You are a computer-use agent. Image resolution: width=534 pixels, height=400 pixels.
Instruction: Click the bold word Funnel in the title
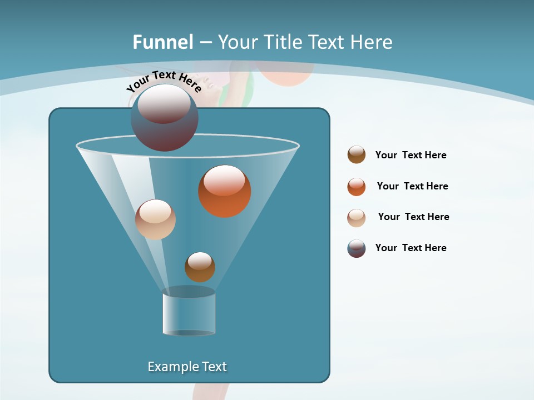pos(163,42)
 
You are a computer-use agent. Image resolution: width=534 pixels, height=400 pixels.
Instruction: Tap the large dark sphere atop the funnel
pos(165,118)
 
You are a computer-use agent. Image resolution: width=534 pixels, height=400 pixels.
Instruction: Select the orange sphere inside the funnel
pos(225,192)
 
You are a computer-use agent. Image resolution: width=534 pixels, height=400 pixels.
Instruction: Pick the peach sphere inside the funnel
pos(155,219)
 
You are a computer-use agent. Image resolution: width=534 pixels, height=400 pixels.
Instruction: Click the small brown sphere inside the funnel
pos(200,267)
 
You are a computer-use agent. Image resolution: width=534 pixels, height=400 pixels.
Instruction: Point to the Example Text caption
pos(187,367)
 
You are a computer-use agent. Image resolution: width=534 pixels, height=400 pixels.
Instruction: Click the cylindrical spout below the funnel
pos(189,314)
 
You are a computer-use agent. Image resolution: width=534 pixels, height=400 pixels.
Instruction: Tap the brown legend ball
pos(357,155)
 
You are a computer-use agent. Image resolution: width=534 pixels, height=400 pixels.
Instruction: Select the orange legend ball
pos(357,187)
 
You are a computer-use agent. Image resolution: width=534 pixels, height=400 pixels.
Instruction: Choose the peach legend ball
pos(357,218)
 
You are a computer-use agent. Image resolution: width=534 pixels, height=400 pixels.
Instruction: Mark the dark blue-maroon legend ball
pos(357,248)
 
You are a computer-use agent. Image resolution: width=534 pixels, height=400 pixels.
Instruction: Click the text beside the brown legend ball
pos(411,155)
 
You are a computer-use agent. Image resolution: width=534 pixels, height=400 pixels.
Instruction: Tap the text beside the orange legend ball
pos(412,186)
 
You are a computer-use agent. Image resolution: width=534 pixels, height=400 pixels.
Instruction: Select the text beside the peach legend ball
pos(413,217)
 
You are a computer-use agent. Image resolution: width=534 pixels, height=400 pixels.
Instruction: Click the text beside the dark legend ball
pos(411,248)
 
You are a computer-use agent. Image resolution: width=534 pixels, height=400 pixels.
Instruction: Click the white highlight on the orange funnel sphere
pos(225,181)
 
